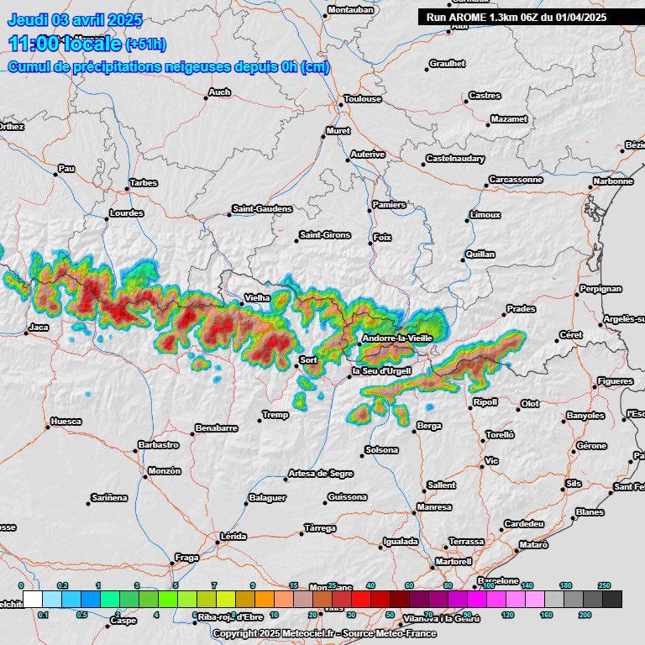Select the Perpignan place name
pyautogui.click(x=601, y=289)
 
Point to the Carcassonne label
pyautogui.click(x=517, y=180)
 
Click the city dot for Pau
pyautogui.click(x=56, y=175)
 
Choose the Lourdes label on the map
pyautogui.click(x=127, y=213)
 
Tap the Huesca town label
pyautogui.click(x=66, y=421)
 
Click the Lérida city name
pyautogui.click(x=233, y=536)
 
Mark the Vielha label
pyautogui.click(x=256, y=297)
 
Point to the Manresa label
pyautogui.click(x=434, y=507)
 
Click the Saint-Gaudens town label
pyautogui.click(x=262, y=208)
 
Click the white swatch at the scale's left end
pyautogui.click(x=33, y=599)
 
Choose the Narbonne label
pyautogui.click(x=613, y=181)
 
